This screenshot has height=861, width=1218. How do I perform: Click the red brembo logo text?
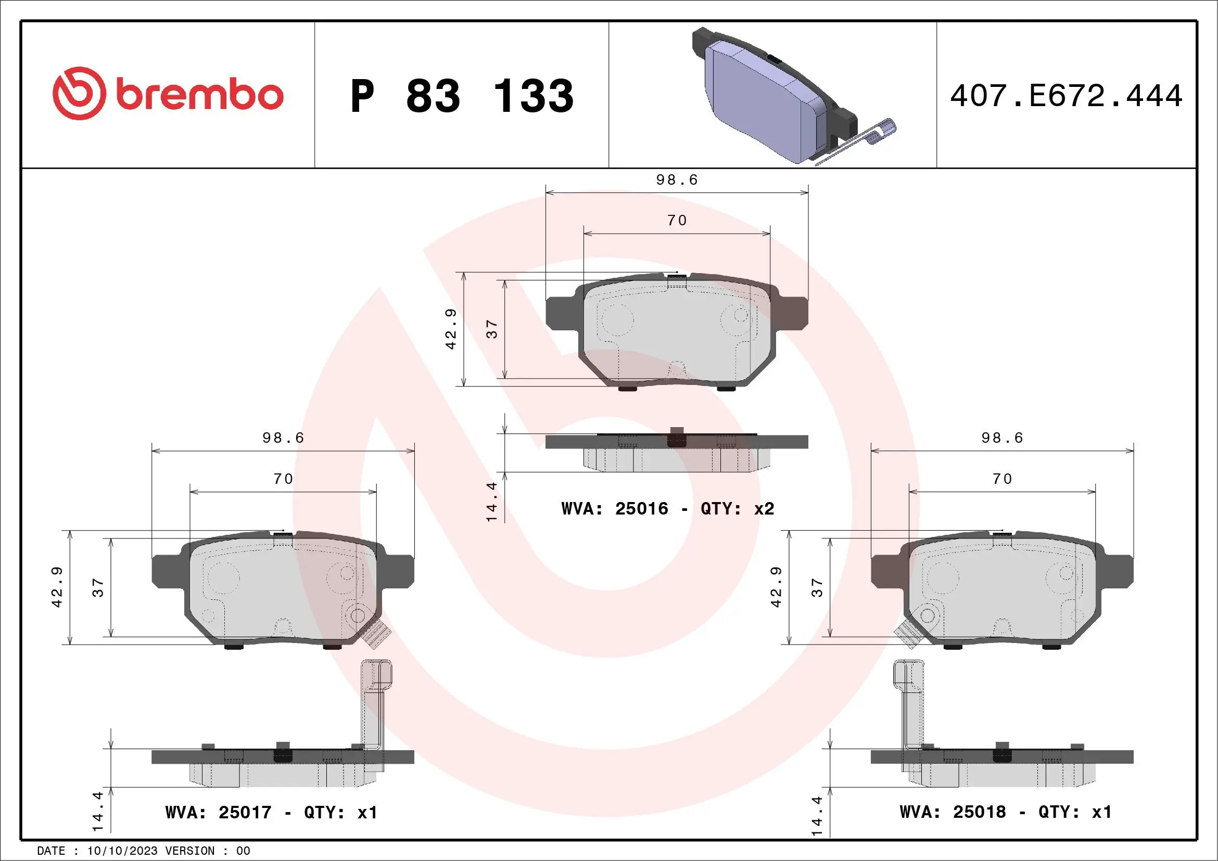pos(199,95)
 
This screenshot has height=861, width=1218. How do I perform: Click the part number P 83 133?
pos(462,96)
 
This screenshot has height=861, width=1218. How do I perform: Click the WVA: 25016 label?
pos(615,509)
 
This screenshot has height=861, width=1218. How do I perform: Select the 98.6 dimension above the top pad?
pos(677,179)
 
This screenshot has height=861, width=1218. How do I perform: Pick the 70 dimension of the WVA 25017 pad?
pos(283,479)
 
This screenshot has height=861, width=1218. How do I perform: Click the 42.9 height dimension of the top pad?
pos(450,329)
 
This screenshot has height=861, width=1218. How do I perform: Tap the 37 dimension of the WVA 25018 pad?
pos(817,587)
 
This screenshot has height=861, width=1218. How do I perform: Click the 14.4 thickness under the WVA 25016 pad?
pos(492,502)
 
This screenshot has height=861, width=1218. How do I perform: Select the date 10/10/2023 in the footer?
pos(122,851)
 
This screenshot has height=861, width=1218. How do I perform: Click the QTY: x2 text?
pos(738,509)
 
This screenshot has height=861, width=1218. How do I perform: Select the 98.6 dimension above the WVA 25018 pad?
pos(1001,438)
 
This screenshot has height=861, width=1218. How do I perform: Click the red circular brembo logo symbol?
pos(79,93)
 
